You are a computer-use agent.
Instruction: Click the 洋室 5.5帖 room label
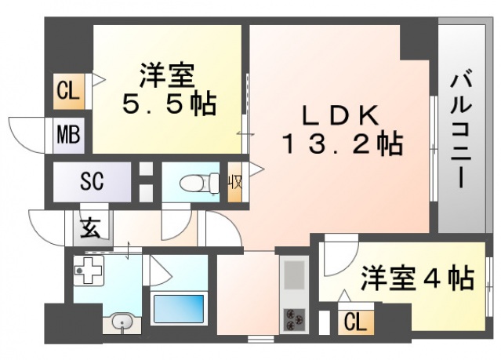169,91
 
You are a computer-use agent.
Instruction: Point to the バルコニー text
463,129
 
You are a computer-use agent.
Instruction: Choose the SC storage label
92,182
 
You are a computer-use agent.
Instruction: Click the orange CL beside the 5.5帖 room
68,91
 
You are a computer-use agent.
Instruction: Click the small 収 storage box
234,183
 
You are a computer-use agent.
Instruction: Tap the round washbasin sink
122,322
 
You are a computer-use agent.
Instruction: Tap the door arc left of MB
27,129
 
